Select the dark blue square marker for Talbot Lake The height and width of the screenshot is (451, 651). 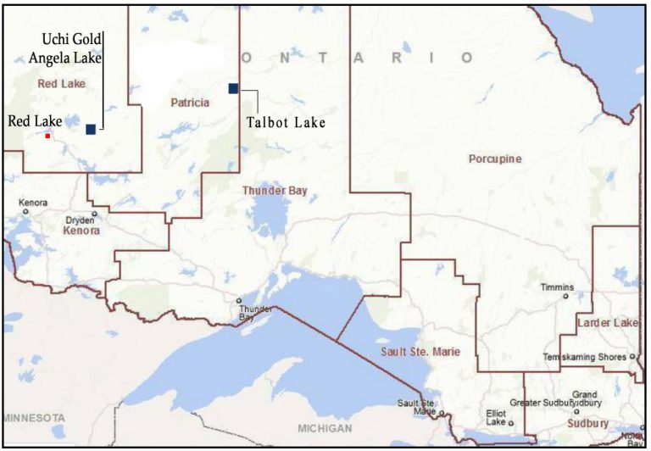coord(233,88)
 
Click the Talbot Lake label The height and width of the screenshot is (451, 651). coord(286,123)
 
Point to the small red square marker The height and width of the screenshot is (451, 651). coord(48,136)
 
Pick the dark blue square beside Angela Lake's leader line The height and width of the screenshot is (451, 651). coord(91,129)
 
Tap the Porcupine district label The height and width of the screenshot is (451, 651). coord(495,159)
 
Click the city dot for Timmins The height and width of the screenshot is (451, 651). coord(566,297)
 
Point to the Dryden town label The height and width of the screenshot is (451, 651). coord(81,220)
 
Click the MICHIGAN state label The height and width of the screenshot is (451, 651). coord(325,428)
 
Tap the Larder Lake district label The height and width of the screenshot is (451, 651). coord(607,323)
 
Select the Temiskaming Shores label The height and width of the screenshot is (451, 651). coord(584,357)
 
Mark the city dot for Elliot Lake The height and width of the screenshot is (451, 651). coord(511,422)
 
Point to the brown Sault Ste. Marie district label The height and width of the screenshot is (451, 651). coord(421,350)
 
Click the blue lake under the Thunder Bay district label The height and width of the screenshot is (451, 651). coord(271,216)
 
